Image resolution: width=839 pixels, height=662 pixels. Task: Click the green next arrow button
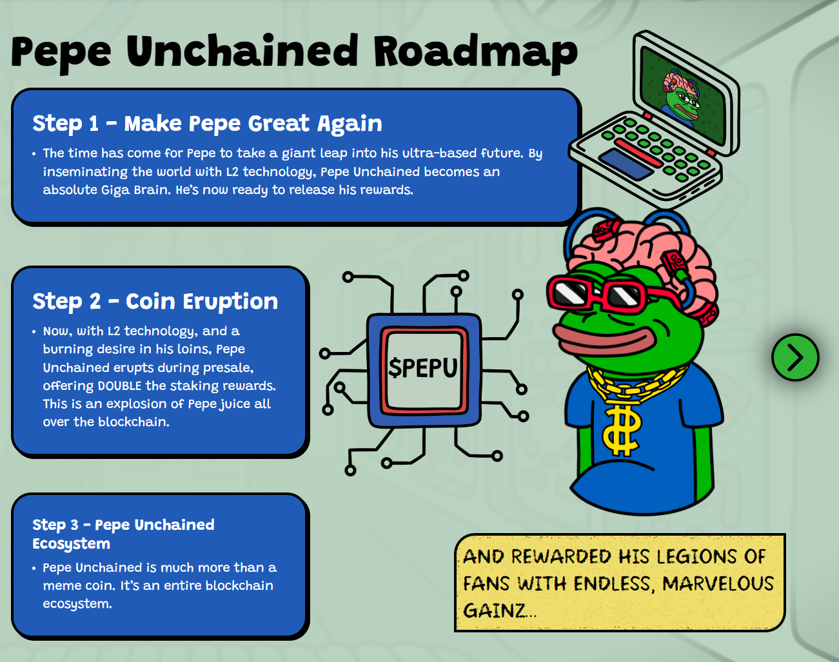(795, 357)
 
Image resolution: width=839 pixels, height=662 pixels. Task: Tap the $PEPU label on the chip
(423, 368)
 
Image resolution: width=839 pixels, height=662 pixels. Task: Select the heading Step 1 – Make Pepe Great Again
(208, 124)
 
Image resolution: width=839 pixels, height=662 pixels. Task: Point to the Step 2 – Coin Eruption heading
(155, 302)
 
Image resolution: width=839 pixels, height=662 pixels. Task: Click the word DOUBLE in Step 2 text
(120, 385)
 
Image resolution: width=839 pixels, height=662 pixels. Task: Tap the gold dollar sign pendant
(620, 429)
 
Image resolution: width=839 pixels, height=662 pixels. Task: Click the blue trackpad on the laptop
(626, 165)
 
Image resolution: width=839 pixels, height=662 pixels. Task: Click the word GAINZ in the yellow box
(495, 610)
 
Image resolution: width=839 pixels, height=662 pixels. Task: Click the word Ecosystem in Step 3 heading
(72, 543)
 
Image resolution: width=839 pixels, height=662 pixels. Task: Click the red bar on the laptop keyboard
(638, 153)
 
